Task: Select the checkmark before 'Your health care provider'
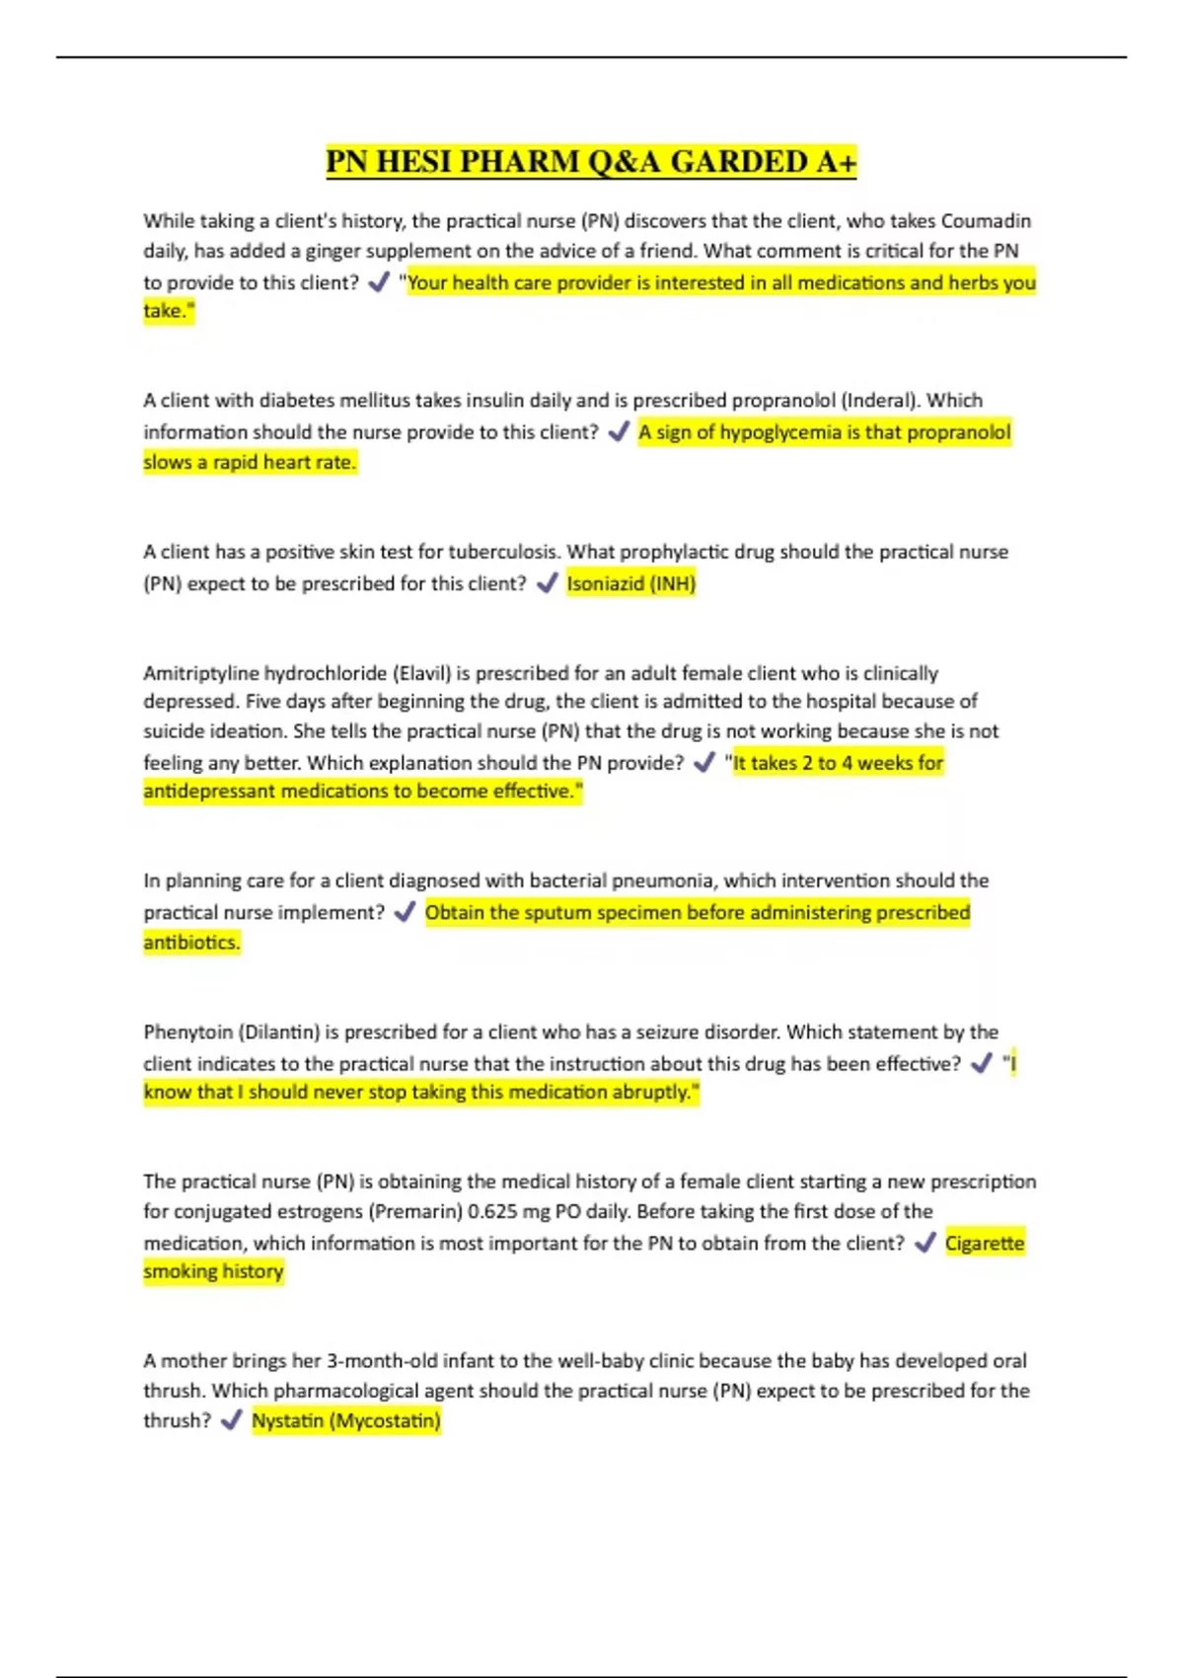(378, 282)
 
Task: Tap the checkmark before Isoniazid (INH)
(547, 583)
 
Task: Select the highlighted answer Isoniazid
(605, 583)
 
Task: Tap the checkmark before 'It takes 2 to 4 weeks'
(703, 763)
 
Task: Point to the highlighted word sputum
(559, 912)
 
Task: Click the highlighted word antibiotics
(191, 943)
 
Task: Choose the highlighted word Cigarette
(985, 1243)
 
